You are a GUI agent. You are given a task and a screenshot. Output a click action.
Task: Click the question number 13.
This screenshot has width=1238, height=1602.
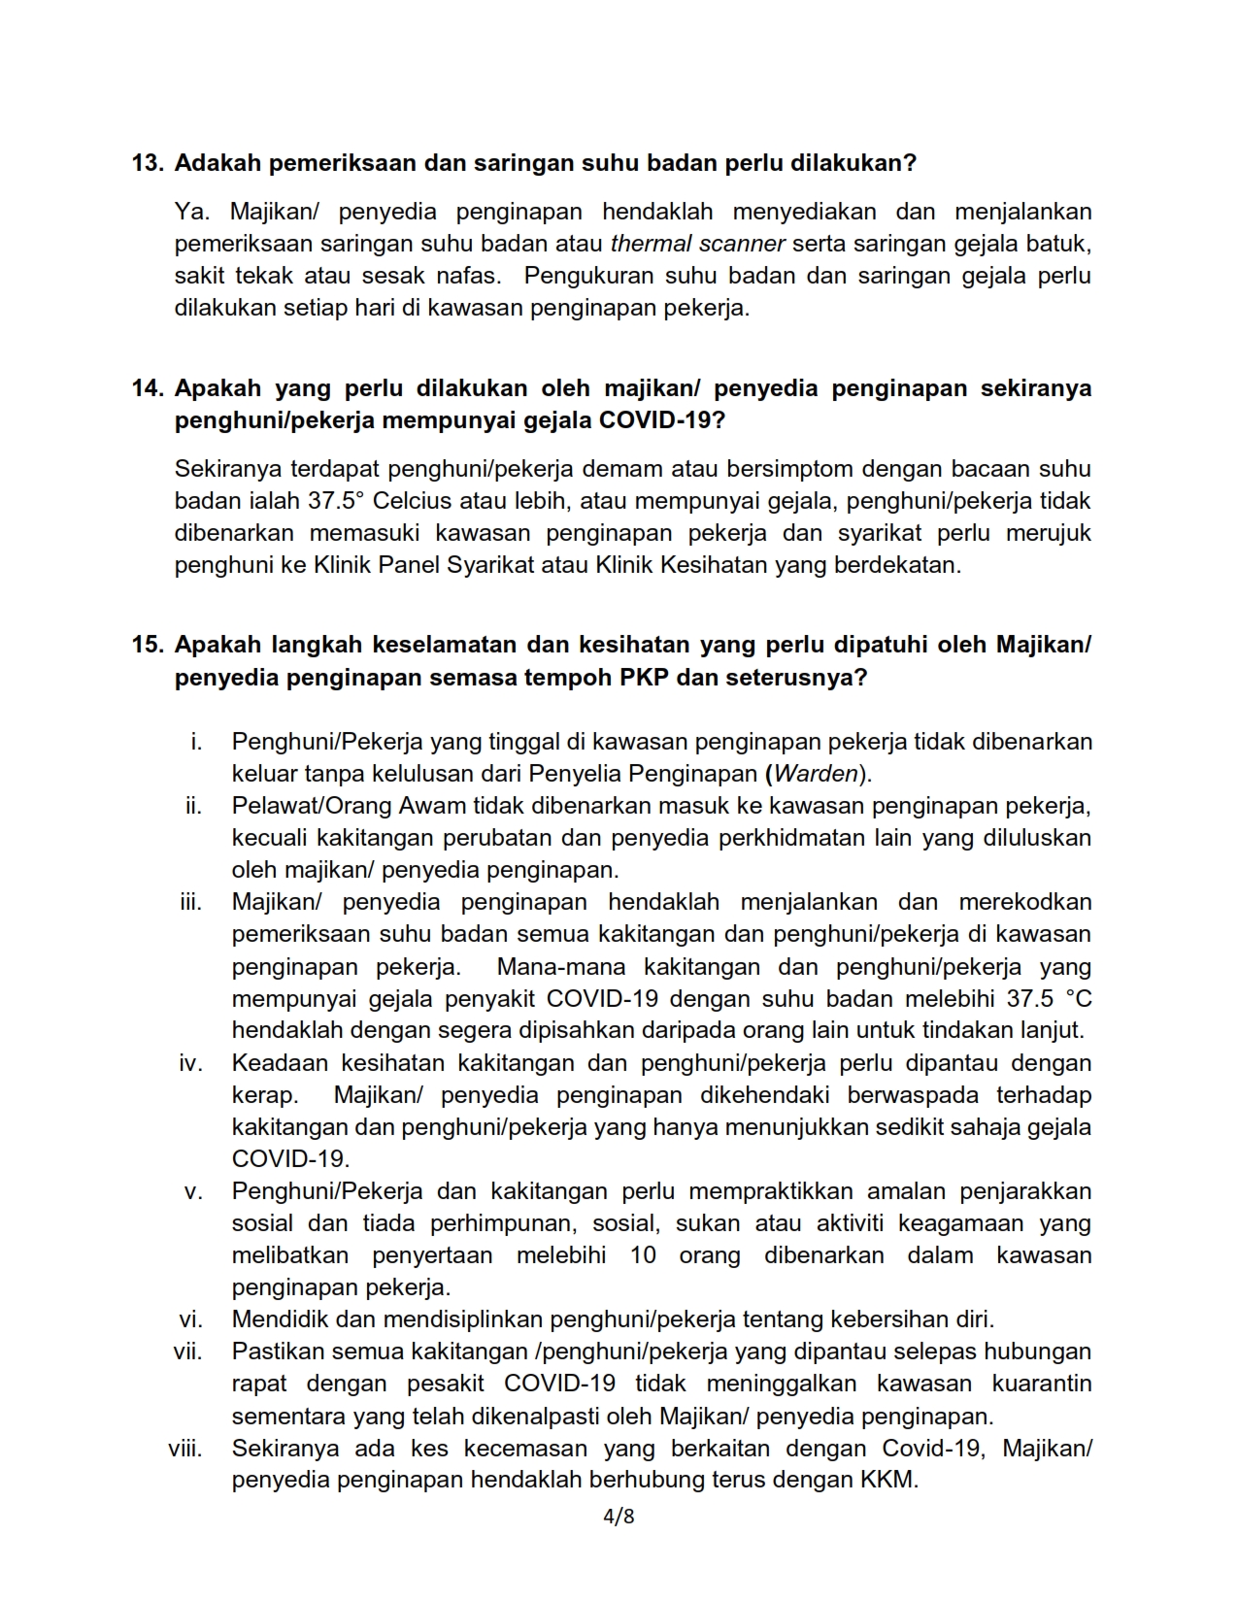pos(148,163)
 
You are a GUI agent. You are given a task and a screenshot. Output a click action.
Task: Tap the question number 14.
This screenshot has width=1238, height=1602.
pos(148,388)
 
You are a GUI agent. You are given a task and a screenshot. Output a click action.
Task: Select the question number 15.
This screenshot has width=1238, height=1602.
pos(148,645)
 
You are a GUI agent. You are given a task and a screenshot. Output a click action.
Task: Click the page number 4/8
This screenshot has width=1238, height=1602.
pos(619,1516)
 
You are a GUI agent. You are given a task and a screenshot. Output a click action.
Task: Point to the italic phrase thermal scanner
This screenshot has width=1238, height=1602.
pos(698,244)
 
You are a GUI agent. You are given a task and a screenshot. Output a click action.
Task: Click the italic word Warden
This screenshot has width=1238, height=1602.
pos(816,774)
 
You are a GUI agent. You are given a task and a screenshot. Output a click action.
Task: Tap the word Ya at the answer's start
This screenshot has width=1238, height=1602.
pos(187,212)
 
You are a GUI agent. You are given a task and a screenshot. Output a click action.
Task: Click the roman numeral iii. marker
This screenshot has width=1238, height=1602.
pos(191,902)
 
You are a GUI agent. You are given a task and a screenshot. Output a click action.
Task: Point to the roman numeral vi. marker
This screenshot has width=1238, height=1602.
pos(190,1319)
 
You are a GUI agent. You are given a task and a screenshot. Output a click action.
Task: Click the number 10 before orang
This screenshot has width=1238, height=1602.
pos(643,1255)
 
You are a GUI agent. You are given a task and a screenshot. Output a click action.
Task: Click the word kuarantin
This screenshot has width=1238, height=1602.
pos(1041,1384)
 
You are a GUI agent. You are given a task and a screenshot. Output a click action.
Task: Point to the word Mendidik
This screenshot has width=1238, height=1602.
pos(277,1319)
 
